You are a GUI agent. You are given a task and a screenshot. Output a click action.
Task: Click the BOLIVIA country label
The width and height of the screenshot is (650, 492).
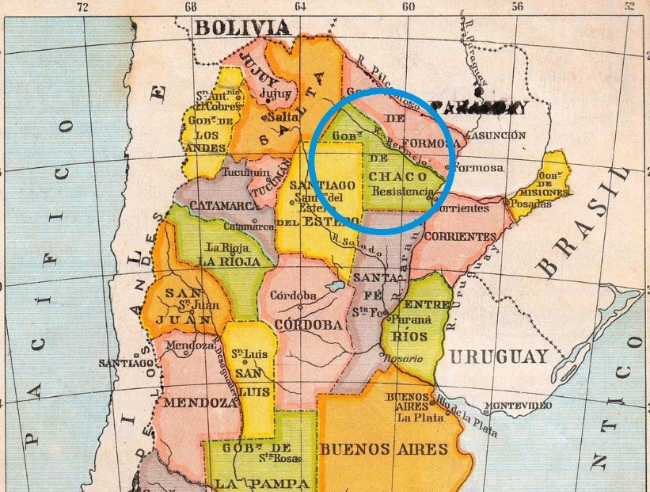[x=243, y=28]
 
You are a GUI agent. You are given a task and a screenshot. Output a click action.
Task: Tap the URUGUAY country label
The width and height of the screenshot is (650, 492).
[x=499, y=356]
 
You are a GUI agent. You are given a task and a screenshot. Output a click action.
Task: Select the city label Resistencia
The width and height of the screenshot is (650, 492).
[x=402, y=193]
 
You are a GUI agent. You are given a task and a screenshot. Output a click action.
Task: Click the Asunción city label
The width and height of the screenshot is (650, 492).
[x=496, y=135]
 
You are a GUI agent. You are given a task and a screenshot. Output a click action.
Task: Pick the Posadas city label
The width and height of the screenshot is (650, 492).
[x=531, y=204]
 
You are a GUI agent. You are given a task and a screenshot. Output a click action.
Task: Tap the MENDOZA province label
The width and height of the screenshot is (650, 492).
[x=200, y=402]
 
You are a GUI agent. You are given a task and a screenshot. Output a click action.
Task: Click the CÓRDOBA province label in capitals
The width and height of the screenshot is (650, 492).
[x=309, y=325]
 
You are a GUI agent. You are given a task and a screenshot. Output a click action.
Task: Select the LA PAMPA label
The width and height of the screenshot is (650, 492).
[x=251, y=482]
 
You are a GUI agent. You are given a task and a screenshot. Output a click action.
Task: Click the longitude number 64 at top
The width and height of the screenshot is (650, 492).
[x=299, y=6]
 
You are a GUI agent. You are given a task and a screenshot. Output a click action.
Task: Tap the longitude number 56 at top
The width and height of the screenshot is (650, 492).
[x=518, y=6]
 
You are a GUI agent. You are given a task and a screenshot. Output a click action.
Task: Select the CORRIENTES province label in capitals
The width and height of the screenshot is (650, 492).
[x=460, y=236]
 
